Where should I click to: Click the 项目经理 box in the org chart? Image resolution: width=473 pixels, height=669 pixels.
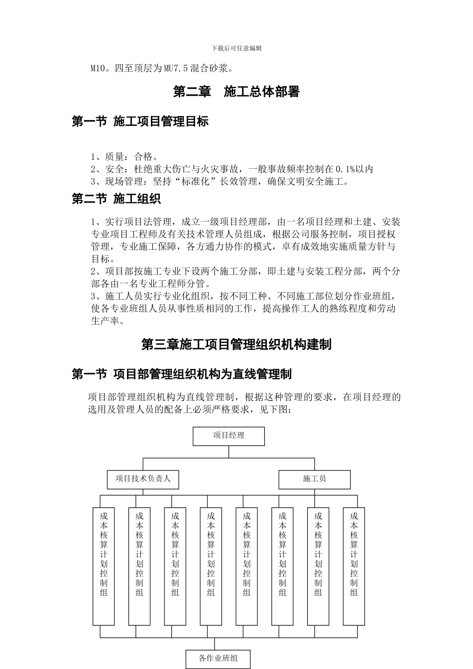point(229,436)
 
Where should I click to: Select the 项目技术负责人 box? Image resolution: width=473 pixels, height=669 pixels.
point(143,479)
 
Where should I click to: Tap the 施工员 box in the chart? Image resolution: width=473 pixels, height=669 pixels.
point(314,479)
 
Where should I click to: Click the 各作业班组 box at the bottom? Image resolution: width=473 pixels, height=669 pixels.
point(218,659)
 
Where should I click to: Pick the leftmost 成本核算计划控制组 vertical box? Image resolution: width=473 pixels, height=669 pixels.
point(104,566)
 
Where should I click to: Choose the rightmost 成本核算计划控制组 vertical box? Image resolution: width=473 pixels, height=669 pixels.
point(354,566)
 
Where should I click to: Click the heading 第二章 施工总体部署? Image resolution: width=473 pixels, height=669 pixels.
point(236,92)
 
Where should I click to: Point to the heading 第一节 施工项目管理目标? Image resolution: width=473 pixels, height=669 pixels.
point(140,121)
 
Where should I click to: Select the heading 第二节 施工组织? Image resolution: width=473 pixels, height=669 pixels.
point(116,199)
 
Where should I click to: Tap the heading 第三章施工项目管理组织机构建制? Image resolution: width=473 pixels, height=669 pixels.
point(236,344)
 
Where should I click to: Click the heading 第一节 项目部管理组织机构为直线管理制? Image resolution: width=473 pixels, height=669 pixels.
point(181,374)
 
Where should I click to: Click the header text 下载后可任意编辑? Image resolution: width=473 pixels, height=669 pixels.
point(236,48)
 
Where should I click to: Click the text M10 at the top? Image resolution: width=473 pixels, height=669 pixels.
point(98,68)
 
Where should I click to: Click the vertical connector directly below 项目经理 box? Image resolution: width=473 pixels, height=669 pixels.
point(229,451)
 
